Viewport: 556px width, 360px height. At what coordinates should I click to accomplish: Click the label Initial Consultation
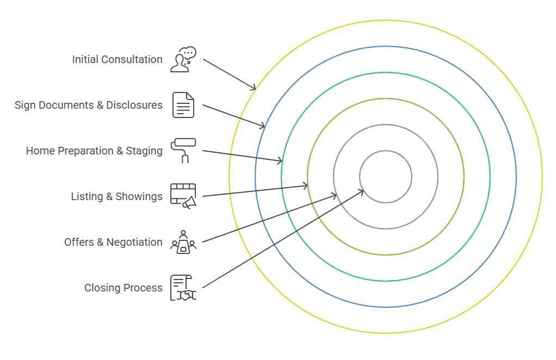pyautogui.click(x=117, y=59)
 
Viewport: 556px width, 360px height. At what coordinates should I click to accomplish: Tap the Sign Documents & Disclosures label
pyautogui.click(x=88, y=105)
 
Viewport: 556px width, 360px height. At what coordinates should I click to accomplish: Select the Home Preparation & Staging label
pyautogui.click(x=94, y=151)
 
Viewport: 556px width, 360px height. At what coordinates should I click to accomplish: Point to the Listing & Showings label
pyautogui.click(x=116, y=196)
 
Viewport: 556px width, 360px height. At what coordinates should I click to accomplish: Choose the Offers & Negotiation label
pyautogui.click(x=113, y=242)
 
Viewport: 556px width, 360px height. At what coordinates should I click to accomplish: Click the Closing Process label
pyautogui.click(x=123, y=288)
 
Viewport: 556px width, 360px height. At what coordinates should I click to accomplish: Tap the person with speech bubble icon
pyautogui.click(x=183, y=59)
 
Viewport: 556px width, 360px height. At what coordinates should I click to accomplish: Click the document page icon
pyautogui.click(x=183, y=105)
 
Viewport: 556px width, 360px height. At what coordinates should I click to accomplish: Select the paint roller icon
pyautogui.click(x=183, y=150)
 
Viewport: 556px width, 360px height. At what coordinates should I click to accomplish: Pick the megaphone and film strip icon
pyautogui.click(x=183, y=196)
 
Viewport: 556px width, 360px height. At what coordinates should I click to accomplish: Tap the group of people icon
pyautogui.click(x=183, y=242)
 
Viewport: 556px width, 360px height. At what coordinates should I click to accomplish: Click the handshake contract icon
pyautogui.click(x=183, y=288)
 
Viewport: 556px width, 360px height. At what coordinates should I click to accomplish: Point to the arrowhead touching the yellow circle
pyautogui.click(x=254, y=88)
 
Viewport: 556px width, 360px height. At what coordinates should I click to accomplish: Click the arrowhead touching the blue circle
pyautogui.click(x=263, y=126)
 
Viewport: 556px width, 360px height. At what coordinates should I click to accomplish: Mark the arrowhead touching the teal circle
pyautogui.click(x=280, y=161)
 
